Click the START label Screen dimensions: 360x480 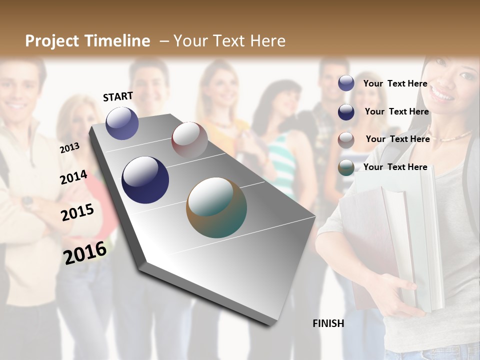pos(118,96)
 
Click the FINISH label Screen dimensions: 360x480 pos(328,323)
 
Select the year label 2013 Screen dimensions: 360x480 pos(70,147)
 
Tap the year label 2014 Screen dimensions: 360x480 pos(74,177)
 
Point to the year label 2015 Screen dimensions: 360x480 pos(77,212)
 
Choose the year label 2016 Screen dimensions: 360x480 pos(85,252)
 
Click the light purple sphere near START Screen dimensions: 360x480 pos(122,123)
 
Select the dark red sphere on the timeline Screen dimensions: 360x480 pos(189,139)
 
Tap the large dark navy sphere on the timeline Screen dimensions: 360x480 pos(145,179)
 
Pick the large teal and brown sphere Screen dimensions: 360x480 pos(216,207)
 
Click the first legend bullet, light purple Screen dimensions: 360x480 pos(346,83)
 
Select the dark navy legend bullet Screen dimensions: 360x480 pos(346,111)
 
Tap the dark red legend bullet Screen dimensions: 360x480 pos(346,139)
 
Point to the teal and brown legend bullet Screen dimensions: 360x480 pos(346,167)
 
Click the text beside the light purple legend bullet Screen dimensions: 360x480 pos(395,83)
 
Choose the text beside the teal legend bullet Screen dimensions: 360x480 pos(395,167)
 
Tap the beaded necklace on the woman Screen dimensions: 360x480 pos(453,136)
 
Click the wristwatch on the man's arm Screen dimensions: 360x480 pos(27,202)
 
